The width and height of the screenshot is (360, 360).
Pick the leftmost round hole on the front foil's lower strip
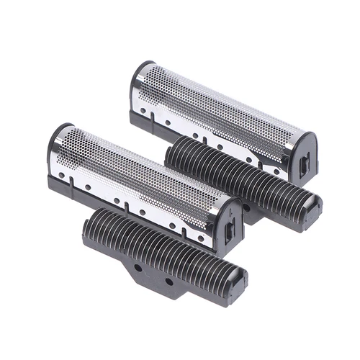63,175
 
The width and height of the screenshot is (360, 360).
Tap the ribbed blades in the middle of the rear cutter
238,173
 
